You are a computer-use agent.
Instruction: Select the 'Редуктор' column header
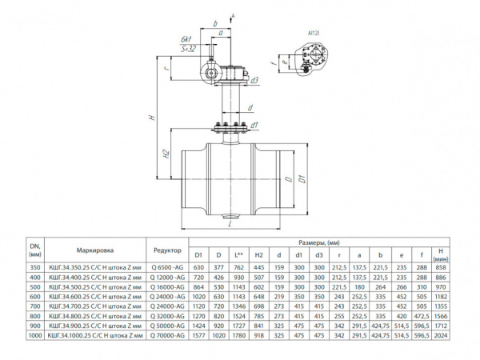coord(166,248)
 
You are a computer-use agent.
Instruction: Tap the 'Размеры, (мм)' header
coord(318,241)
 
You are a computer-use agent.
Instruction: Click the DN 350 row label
coord(34,267)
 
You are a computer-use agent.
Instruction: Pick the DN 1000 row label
coord(34,336)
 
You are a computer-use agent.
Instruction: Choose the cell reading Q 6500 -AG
coord(166,267)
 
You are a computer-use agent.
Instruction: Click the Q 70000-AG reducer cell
coord(166,336)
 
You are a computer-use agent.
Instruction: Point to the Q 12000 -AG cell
coord(166,277)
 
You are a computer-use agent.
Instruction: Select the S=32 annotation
coord(189,49)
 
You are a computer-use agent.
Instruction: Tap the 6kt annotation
coord(186,39)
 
